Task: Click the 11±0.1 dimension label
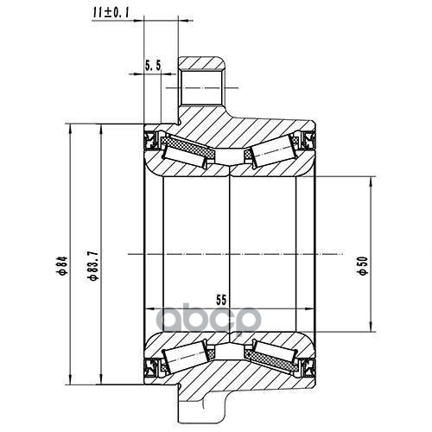pos(111,13)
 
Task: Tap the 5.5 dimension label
pos(153,67)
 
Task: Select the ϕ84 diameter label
pos(63,265)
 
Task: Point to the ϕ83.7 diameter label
pos(94,265)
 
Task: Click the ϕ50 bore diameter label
pos(364,265)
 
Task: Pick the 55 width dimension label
pos(221,300)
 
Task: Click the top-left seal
pos(150,140)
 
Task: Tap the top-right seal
pos(308,140)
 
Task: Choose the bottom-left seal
pos(150,368)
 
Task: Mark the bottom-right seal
pos(308,368)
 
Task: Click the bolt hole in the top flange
pos(202,87)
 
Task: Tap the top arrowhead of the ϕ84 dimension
pos(71,129)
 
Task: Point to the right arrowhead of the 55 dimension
pos(311,309)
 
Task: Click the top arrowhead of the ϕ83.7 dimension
pos(101,129)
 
